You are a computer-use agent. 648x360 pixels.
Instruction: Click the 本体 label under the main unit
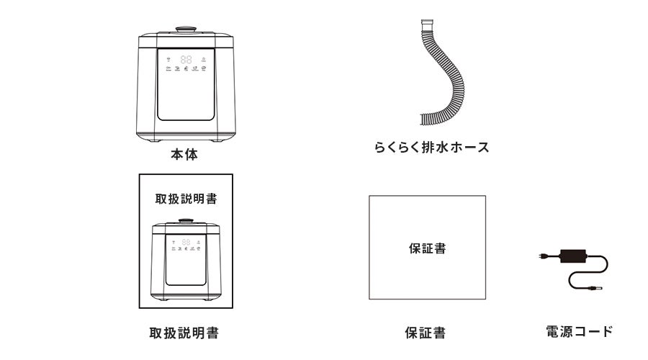[x=184, y=154]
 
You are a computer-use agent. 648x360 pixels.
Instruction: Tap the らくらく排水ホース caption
[x=431, y=148]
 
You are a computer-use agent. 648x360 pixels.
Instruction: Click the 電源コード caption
[x=579, y=331]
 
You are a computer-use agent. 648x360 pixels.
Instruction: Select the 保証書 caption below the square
[x=425, y=333]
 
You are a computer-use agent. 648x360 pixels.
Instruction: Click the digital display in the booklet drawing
[x=185, y=243]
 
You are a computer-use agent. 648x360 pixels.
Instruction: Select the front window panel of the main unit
[x=185, y=97]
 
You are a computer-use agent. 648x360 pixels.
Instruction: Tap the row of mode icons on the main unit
[x=186, y=70]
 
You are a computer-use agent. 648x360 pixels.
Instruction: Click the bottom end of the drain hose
[x=426, y=120]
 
